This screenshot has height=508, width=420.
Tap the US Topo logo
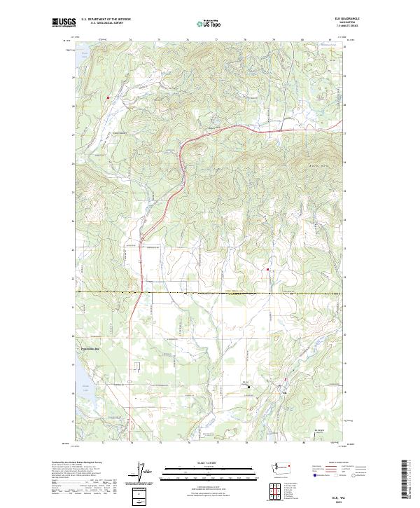tap(209, 24)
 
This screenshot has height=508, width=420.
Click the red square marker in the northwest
tap(108, 97)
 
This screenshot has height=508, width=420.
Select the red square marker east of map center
tap(267, 269)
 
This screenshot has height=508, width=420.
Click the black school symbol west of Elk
tap(247, 387)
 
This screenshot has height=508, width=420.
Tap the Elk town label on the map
tap(283, 392)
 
